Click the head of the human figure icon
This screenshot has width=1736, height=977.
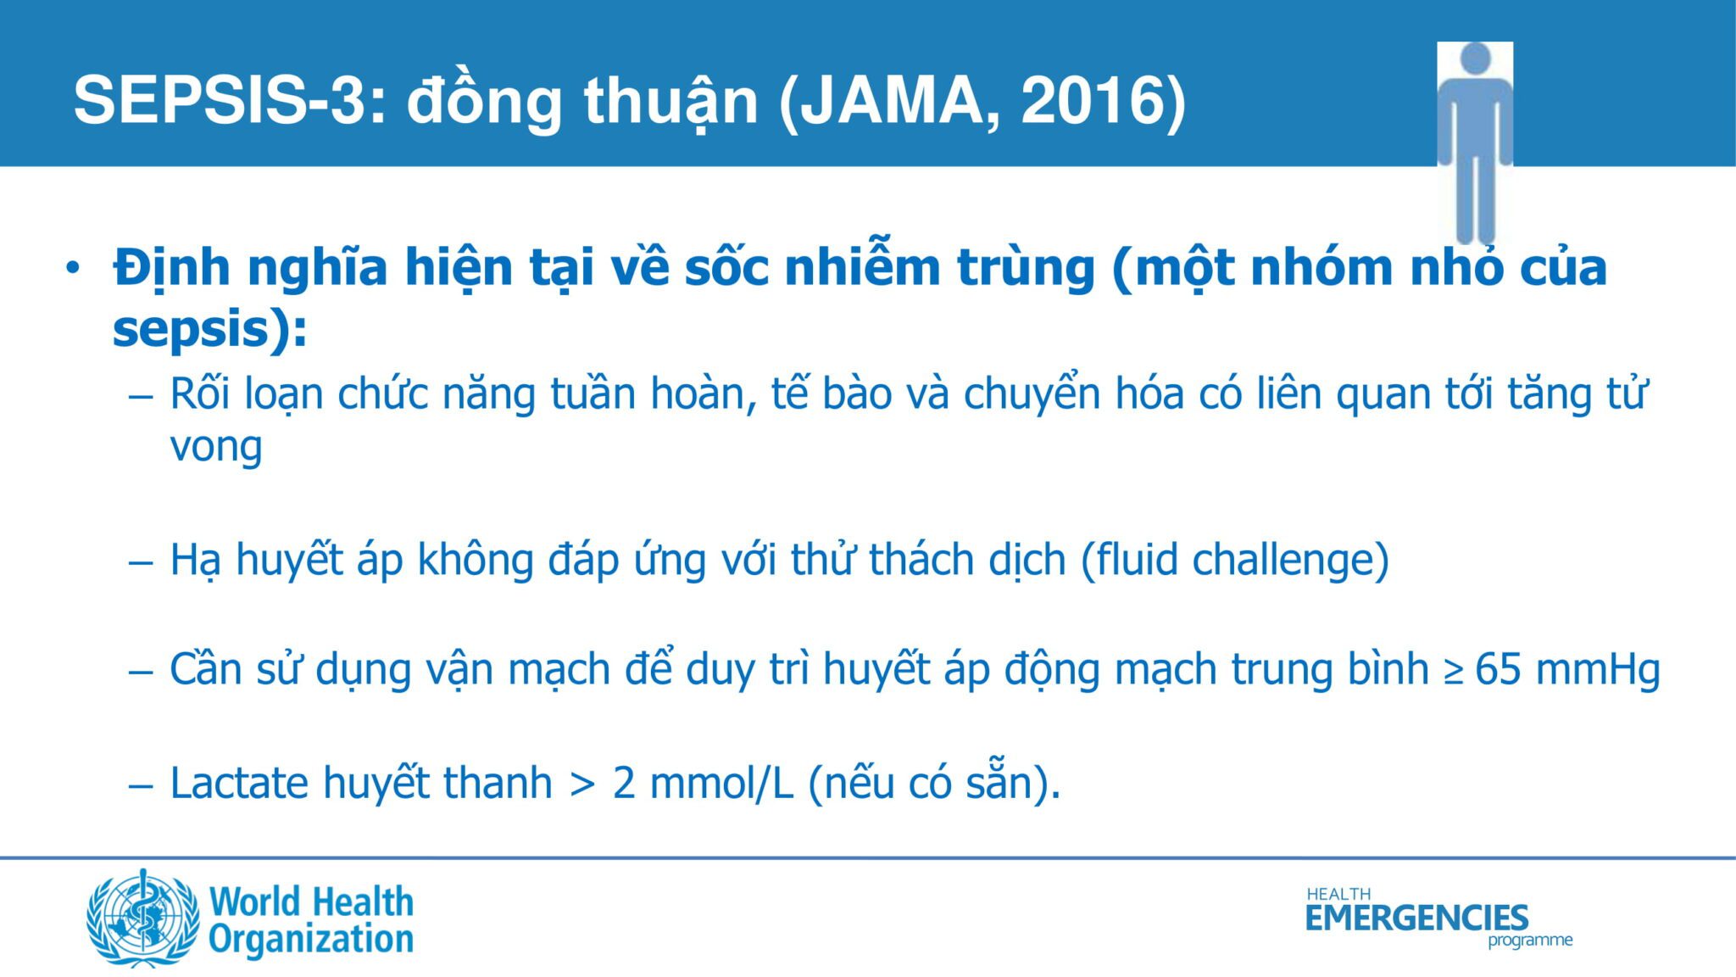1475,59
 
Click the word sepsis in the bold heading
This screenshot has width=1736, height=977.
191,329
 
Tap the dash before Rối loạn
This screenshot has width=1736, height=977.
141,396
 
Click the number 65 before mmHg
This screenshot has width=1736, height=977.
1498,670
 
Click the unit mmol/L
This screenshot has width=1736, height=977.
721,782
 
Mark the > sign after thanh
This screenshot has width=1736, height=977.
582,785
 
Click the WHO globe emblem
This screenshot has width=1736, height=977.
142,918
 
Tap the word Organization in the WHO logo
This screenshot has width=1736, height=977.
311,940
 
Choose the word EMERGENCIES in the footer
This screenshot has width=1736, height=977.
1416,918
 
